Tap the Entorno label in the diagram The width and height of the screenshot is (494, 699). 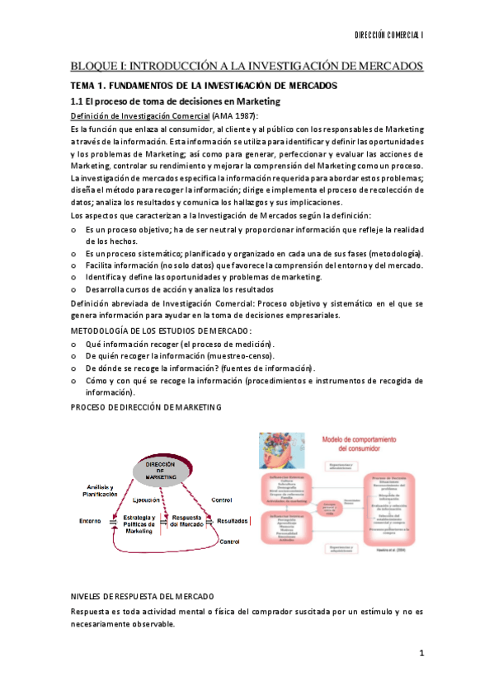(x=90, y=521)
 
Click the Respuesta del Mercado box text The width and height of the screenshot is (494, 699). (x=187, y=522)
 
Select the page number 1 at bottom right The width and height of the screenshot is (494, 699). (x=421, y=653)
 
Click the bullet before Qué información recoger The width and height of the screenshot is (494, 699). (x=74, y=343)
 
